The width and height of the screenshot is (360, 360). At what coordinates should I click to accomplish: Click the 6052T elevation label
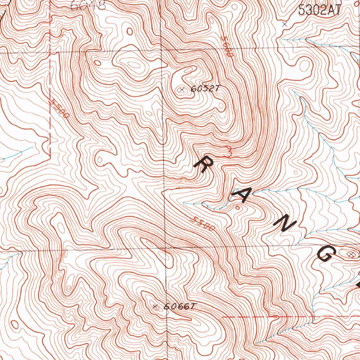point(205,89)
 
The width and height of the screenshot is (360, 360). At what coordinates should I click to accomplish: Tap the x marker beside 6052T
point(182,90)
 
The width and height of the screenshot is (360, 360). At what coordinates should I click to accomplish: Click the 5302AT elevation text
point(319,10)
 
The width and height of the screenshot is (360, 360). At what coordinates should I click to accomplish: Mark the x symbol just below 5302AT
point(285,24)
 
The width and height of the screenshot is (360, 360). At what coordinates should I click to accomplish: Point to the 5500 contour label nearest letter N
point(203,224)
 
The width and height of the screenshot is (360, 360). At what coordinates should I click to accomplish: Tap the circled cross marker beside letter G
point(351,253)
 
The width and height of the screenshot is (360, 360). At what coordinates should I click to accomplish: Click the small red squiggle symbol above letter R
point(228,152)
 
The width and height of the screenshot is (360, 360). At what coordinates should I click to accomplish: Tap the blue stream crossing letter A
point(246,193)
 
